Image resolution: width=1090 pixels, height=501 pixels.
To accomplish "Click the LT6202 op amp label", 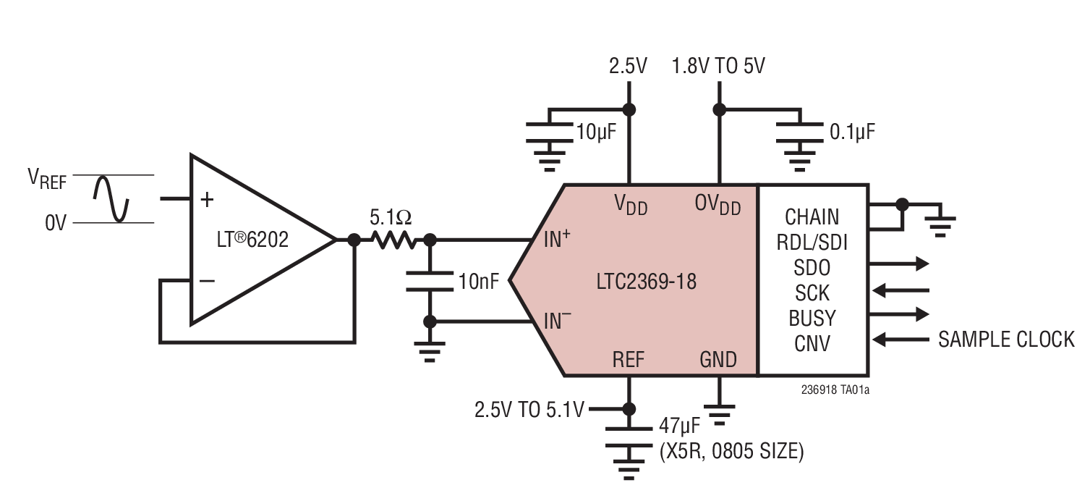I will click(253, 240).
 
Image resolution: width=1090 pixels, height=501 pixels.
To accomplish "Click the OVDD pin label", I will click(718, 205).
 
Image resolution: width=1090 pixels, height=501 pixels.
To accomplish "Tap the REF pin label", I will click(628, 359).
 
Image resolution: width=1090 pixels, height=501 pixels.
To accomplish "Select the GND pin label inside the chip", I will click(718, 359).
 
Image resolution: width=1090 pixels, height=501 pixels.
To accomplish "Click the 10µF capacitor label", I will click(596, 132).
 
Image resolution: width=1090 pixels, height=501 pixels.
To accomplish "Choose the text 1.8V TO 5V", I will click(718, 67).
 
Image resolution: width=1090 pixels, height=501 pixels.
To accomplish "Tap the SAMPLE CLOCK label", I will click(1005, 339).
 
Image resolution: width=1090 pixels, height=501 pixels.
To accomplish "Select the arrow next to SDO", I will click(901, 264).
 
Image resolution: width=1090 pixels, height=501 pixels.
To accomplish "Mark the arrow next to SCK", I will click(901, 290).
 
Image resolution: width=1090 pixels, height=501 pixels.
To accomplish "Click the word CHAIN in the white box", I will click(812, 216).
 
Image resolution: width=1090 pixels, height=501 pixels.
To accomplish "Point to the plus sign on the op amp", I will click(208, 198).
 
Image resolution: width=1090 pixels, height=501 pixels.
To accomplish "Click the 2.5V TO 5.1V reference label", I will click(529, 410).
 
